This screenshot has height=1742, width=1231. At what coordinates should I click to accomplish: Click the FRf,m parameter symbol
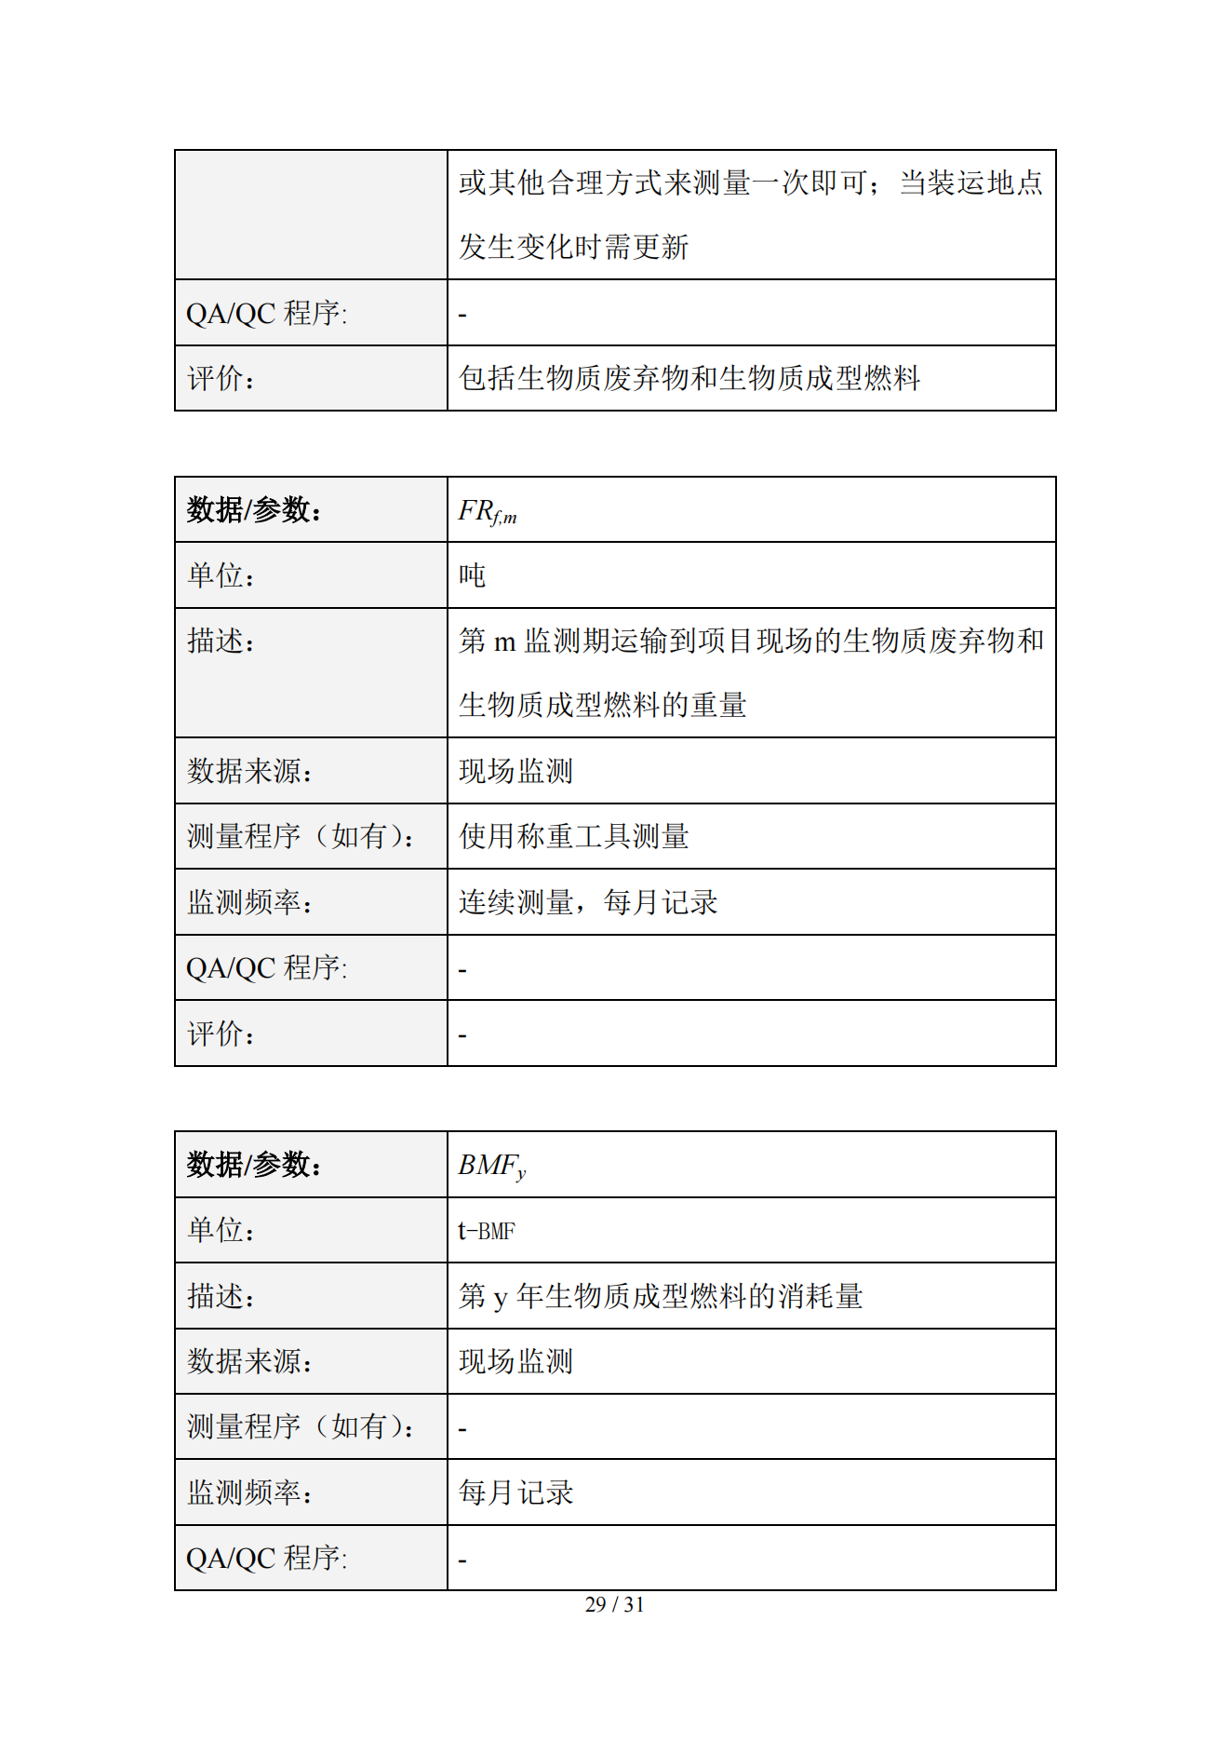(x=488, y=511)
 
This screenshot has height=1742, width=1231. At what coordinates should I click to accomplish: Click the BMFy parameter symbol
(x=492, y=1166)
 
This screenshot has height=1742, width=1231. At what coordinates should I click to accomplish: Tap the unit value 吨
(x=473, y=575)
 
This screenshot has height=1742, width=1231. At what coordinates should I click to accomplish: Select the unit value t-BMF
(x=487, y=1231)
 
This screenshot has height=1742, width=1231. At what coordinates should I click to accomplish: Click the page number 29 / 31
(x=614, y=1604)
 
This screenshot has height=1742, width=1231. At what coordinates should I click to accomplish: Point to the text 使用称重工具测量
(x=573, y=836)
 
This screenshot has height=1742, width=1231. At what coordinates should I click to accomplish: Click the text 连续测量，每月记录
(x=588, y=902)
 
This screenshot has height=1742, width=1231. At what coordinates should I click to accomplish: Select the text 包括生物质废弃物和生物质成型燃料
(x=689, y=378)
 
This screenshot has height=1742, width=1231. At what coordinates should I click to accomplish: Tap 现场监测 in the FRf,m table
(x=515, y=771)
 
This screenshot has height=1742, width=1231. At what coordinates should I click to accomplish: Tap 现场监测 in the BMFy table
(x=515, y=1361)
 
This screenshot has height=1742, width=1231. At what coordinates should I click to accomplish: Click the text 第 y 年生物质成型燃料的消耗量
(x=661, y=1296)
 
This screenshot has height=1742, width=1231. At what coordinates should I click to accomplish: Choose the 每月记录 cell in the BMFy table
(x=515, y=1492)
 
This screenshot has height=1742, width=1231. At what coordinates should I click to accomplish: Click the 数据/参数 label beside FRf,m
(x=254, y=510)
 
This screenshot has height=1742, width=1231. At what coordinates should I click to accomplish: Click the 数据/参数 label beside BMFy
(x=254, y=1165)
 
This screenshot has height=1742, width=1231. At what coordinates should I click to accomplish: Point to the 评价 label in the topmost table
(x=221, y=378)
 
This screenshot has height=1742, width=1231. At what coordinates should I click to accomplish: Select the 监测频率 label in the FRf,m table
(x=249, y=902)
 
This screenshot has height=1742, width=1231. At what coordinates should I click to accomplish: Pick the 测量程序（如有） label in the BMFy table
(x=301, y=1426)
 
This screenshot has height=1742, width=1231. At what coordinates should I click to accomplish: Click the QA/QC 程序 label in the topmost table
(x=266, y=313)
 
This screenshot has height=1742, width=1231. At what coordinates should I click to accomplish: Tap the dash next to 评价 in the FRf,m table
(x=462, y=1034)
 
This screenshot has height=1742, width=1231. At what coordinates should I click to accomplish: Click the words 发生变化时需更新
(x=573, y=247)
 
